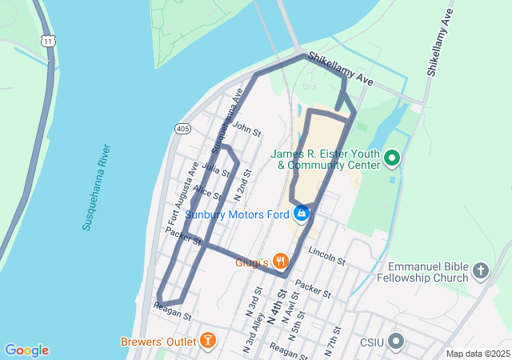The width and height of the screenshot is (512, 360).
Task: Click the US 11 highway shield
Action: point(50,40)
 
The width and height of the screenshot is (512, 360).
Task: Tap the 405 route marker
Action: point(182,128)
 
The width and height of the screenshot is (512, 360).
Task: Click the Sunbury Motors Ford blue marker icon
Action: point(302,214)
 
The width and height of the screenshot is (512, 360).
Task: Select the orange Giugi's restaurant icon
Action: point(280,261)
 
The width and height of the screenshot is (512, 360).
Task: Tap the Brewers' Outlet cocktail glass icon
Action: point(208,341)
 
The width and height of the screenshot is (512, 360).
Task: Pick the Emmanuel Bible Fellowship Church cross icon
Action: point(480,270)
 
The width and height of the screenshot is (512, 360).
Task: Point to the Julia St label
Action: point(210,168)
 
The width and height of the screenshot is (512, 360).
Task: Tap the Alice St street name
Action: point(206,194)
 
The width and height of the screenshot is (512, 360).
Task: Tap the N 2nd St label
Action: point(242,184)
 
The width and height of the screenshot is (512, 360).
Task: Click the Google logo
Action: point(26,350)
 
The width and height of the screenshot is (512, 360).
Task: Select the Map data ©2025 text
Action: point(477,354)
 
